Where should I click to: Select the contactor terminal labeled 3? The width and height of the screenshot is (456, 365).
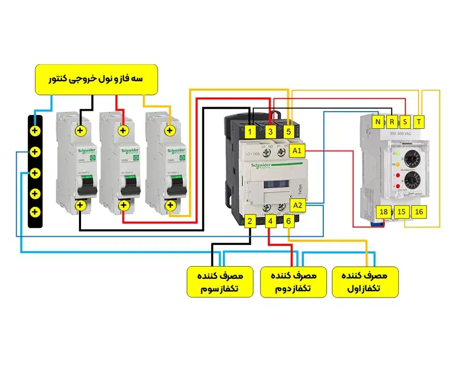click(271, 132)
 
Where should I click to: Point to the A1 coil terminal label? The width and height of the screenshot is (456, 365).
click(297, 151)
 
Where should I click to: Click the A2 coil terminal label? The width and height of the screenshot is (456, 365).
click(298, 205)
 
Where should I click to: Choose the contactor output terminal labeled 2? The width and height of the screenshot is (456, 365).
click(250, 221)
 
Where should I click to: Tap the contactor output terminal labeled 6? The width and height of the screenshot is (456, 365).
click(288, 221)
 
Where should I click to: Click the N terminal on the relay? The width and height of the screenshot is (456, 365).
click(378, 122)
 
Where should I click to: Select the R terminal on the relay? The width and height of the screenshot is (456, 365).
click(392, 122)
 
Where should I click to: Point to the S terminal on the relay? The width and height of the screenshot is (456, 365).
click(405, 122)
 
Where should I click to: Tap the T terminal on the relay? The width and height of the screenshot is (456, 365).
click(419, 122)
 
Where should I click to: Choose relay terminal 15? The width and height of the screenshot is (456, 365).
click(401, 212)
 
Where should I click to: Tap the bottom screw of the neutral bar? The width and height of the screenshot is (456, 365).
click(34, 211)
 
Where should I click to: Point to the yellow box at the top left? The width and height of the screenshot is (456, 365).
click(97, 80)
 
